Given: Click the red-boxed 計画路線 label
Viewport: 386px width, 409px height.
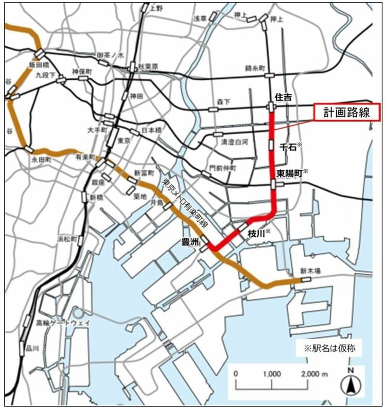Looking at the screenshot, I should pyautogui.click(x=347, y=113).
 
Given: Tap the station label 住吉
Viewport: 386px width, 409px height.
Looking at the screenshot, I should pyautogui.click(x=283, y=96).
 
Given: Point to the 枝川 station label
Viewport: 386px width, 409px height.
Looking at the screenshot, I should pyautogui.click(x=256, y=233).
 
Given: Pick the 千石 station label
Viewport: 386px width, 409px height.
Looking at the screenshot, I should pyautogui.click(x=287, y=147).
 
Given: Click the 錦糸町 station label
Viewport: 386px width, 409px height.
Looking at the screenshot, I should pyautogui.click(x=255, y=68).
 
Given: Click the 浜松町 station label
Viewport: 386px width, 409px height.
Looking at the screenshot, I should pyautogui.click(x=67, y=239).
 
